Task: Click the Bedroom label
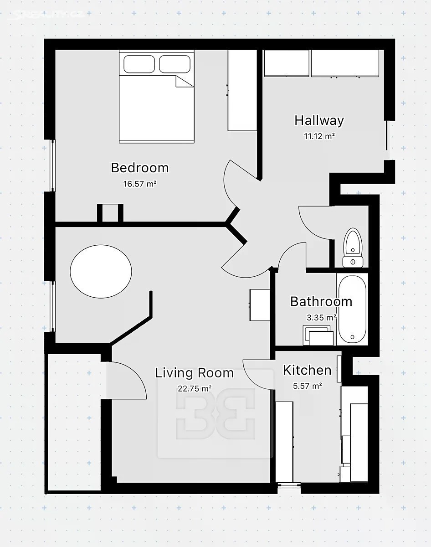140,168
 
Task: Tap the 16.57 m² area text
140,184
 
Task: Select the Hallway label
319,120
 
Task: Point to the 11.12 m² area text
319,136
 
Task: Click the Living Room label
195,373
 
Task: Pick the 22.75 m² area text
195,389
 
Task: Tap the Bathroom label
321,301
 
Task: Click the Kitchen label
307,370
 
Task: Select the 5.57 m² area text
308,386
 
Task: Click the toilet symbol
353,248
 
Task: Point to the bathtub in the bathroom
352,309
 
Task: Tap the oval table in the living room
101,272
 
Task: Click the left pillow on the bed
139,64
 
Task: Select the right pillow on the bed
175,64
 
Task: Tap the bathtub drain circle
353,337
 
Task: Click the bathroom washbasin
318,335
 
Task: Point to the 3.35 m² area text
322,317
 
